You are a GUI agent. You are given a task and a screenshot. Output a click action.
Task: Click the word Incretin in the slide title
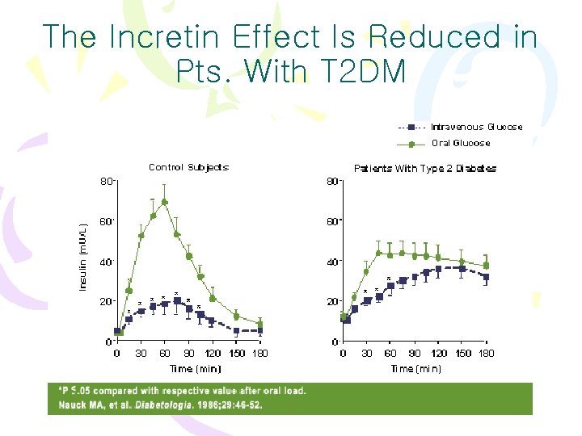(166, 37)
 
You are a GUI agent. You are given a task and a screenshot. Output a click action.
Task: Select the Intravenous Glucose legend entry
(476, 127)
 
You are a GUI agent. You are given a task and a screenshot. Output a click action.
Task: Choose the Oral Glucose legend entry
(460, 143)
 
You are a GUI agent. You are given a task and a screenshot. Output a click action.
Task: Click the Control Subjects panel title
(188, 167)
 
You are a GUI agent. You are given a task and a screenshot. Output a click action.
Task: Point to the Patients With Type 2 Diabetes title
(425, 168)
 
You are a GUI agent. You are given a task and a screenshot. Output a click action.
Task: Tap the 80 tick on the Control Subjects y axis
(105, 181)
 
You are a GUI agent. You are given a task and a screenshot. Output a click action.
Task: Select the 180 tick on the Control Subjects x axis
(259, 353)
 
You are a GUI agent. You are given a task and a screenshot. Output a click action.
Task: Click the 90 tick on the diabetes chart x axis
(414, 353)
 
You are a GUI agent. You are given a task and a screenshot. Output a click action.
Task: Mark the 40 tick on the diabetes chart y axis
(332, 262)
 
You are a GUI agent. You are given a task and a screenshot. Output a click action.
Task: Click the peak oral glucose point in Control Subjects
(164, 202)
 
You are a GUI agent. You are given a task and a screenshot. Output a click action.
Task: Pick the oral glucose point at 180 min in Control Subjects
(259, 325)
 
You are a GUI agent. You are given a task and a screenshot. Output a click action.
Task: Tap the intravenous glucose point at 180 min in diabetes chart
(486, 277)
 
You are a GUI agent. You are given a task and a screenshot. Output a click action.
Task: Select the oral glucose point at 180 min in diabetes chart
(486, 265)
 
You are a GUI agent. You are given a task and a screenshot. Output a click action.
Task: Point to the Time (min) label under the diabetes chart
(415, 368)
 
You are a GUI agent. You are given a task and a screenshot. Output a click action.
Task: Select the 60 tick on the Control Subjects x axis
(165, 353)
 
